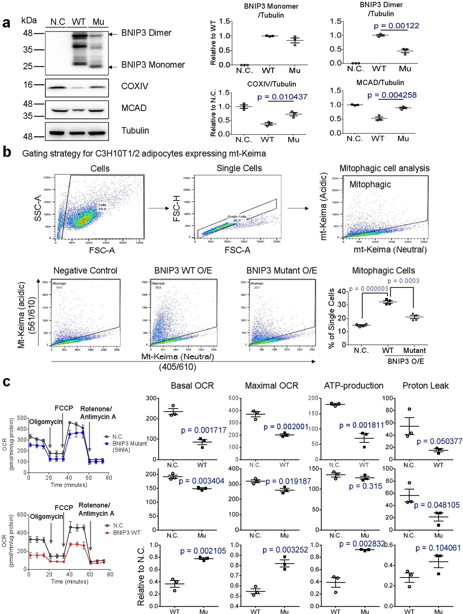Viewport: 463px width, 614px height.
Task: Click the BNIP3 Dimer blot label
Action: click(x=146, y=33)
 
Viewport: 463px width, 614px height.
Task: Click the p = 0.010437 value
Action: click(x=282, y=97)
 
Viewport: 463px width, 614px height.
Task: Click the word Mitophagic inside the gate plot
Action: click(x=370, y=184)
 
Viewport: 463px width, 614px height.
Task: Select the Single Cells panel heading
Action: click(x=239, y=168)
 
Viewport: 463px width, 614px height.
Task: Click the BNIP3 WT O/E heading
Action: click(x=183, y=270)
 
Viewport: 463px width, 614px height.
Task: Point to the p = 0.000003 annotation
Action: click(x=368, y=289)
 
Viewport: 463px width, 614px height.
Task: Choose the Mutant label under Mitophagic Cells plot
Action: click(x=414, y=350)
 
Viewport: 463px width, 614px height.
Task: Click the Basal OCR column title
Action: click(x=192, y=386)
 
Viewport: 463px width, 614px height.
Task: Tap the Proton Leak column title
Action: click(x=425, y=386)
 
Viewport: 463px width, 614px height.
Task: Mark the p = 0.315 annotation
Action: click(x=366, y=486)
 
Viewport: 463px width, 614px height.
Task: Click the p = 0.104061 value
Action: click(x=438, y=548)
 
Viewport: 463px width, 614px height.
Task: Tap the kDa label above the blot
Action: click(x=29, y=20)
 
